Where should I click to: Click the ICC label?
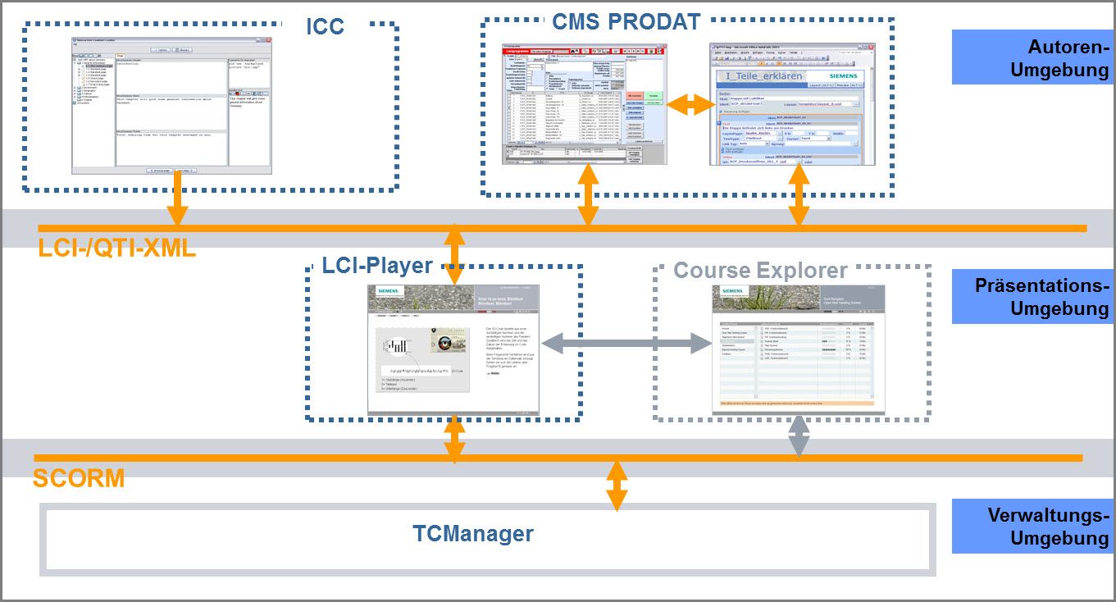[325, 25]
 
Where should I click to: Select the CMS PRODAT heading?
[626, 21]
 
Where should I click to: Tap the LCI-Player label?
[377, 266]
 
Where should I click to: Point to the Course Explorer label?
[760, 270]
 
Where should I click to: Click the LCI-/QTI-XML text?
[117, 247]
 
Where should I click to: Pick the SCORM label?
[79, 478]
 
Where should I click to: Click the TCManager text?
[473, 534]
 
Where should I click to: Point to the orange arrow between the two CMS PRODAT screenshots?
[687, 104]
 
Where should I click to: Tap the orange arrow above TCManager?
[617, 486]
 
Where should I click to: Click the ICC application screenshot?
[171, 105]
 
